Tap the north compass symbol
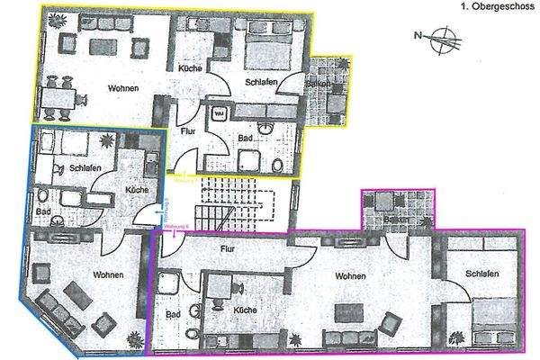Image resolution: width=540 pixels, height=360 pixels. pyautogui.click(x=441, y=39)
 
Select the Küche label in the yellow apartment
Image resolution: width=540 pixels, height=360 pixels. pyautogui.click(x=189, y=68)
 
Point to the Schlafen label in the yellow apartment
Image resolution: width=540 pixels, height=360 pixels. pyautogui.click(x=260, y=82)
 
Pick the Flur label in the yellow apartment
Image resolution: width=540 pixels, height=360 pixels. pyautogui.click(x=187, y=130)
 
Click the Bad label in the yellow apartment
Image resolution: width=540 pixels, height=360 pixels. pyautogui.click(x=245, y=139)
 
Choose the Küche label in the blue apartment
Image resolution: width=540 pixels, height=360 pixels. pyautogui.click(x=137, y=190)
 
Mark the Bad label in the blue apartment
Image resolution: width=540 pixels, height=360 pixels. pyautogui.click(x=42, y=211)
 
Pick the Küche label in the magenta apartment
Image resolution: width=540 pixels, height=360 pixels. pyautogui.click(x=245, y=310)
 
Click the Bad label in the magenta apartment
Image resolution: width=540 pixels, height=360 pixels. pyautogui.click(x=174, y=314)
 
